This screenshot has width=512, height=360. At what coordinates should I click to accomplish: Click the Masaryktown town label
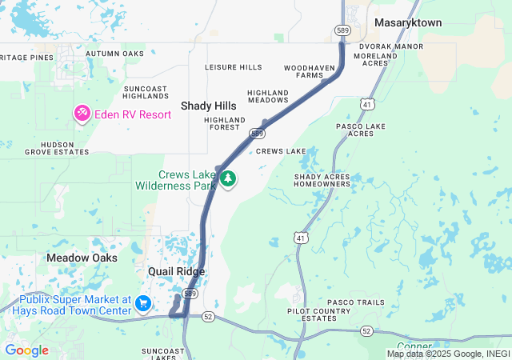[x=407, y=23]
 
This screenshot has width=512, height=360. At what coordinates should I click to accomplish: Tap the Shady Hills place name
[x=208, y=106]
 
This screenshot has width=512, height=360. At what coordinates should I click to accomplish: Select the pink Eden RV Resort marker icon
[x=82, y=114]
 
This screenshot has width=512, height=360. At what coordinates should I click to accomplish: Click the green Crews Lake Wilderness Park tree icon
[x=229, y=178]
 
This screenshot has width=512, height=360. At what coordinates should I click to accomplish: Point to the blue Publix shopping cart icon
[x=143, y=303]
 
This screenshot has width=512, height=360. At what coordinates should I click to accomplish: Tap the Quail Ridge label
[x=176, y=272]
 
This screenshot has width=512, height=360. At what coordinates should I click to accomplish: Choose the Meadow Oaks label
[x=82, y=258]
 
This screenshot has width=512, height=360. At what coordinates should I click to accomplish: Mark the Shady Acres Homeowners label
[x=322, y=180]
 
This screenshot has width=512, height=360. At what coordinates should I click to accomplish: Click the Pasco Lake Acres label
[x=361, y=130]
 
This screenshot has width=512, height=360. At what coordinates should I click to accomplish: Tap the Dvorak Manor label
[x=390, y=46]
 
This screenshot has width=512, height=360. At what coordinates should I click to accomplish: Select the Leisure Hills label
[x=233, y=67]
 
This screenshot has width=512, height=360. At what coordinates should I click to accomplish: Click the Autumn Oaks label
[x=114, y=54]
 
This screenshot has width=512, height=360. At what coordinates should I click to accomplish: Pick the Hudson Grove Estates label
[x=56, y=147]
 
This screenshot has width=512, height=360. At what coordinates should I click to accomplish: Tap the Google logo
[x=26, y=350]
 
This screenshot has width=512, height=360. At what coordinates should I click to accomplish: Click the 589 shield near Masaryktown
[x=342, y=30]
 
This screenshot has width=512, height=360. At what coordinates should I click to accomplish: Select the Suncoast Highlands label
[x=145, y=91]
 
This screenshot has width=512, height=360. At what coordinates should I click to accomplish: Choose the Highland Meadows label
[x=267, y=97]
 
